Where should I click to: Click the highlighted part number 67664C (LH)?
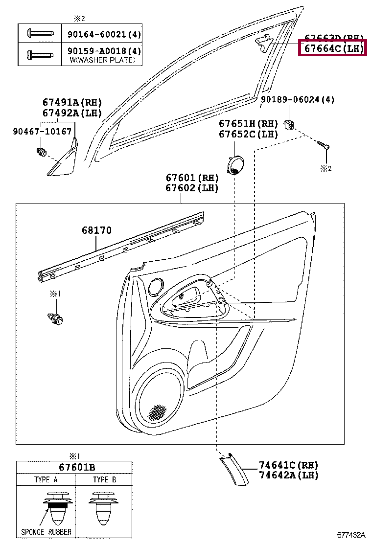pos(332,49)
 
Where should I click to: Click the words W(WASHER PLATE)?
pos(101,60)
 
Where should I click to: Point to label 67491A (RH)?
pos(71,102)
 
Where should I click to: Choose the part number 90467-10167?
pos(42,132)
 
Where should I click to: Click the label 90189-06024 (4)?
pos(297,100)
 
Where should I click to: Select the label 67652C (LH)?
pos(248,135)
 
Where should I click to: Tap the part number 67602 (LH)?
pos(191,188)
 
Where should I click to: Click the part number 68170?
pos(97,230)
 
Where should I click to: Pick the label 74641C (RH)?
pos(289,465)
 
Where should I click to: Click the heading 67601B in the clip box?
pos(74,467)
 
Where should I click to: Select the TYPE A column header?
pos(46,480)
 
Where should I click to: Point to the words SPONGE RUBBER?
pos(46,532)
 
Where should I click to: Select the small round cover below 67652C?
pos(237,165)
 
